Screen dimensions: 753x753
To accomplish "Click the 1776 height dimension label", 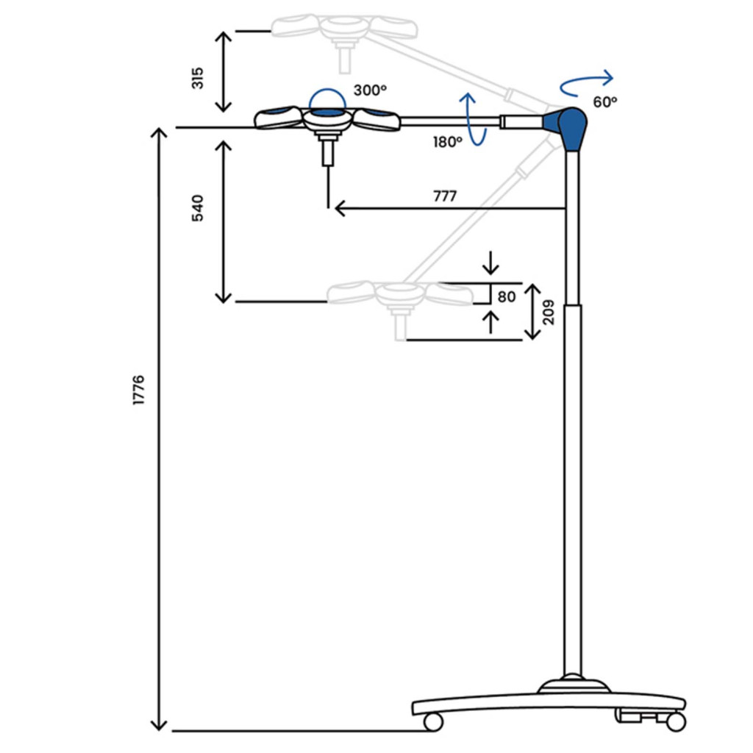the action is (x=138, y=390).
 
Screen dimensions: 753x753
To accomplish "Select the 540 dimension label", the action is (x=197, y=208).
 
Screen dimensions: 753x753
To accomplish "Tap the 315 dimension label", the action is (x=197, y=78).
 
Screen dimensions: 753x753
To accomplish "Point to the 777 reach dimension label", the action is (x=445, y=196).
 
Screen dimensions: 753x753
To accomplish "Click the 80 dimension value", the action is (x=507, y=297).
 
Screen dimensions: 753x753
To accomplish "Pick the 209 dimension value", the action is (x=548, y=312).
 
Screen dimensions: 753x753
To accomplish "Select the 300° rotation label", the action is (x=370, y=90).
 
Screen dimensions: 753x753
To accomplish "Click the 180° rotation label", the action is (x=448, y=142).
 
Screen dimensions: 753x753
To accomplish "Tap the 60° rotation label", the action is (x=604, y=101).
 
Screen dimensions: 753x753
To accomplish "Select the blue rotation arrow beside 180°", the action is (x=473, y=119).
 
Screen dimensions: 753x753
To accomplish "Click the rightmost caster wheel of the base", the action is (x=677, y=722).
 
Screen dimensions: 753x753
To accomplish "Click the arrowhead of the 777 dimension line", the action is (x=340, y=209).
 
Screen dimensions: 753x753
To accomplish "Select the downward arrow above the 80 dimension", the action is (x=490, y=263).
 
